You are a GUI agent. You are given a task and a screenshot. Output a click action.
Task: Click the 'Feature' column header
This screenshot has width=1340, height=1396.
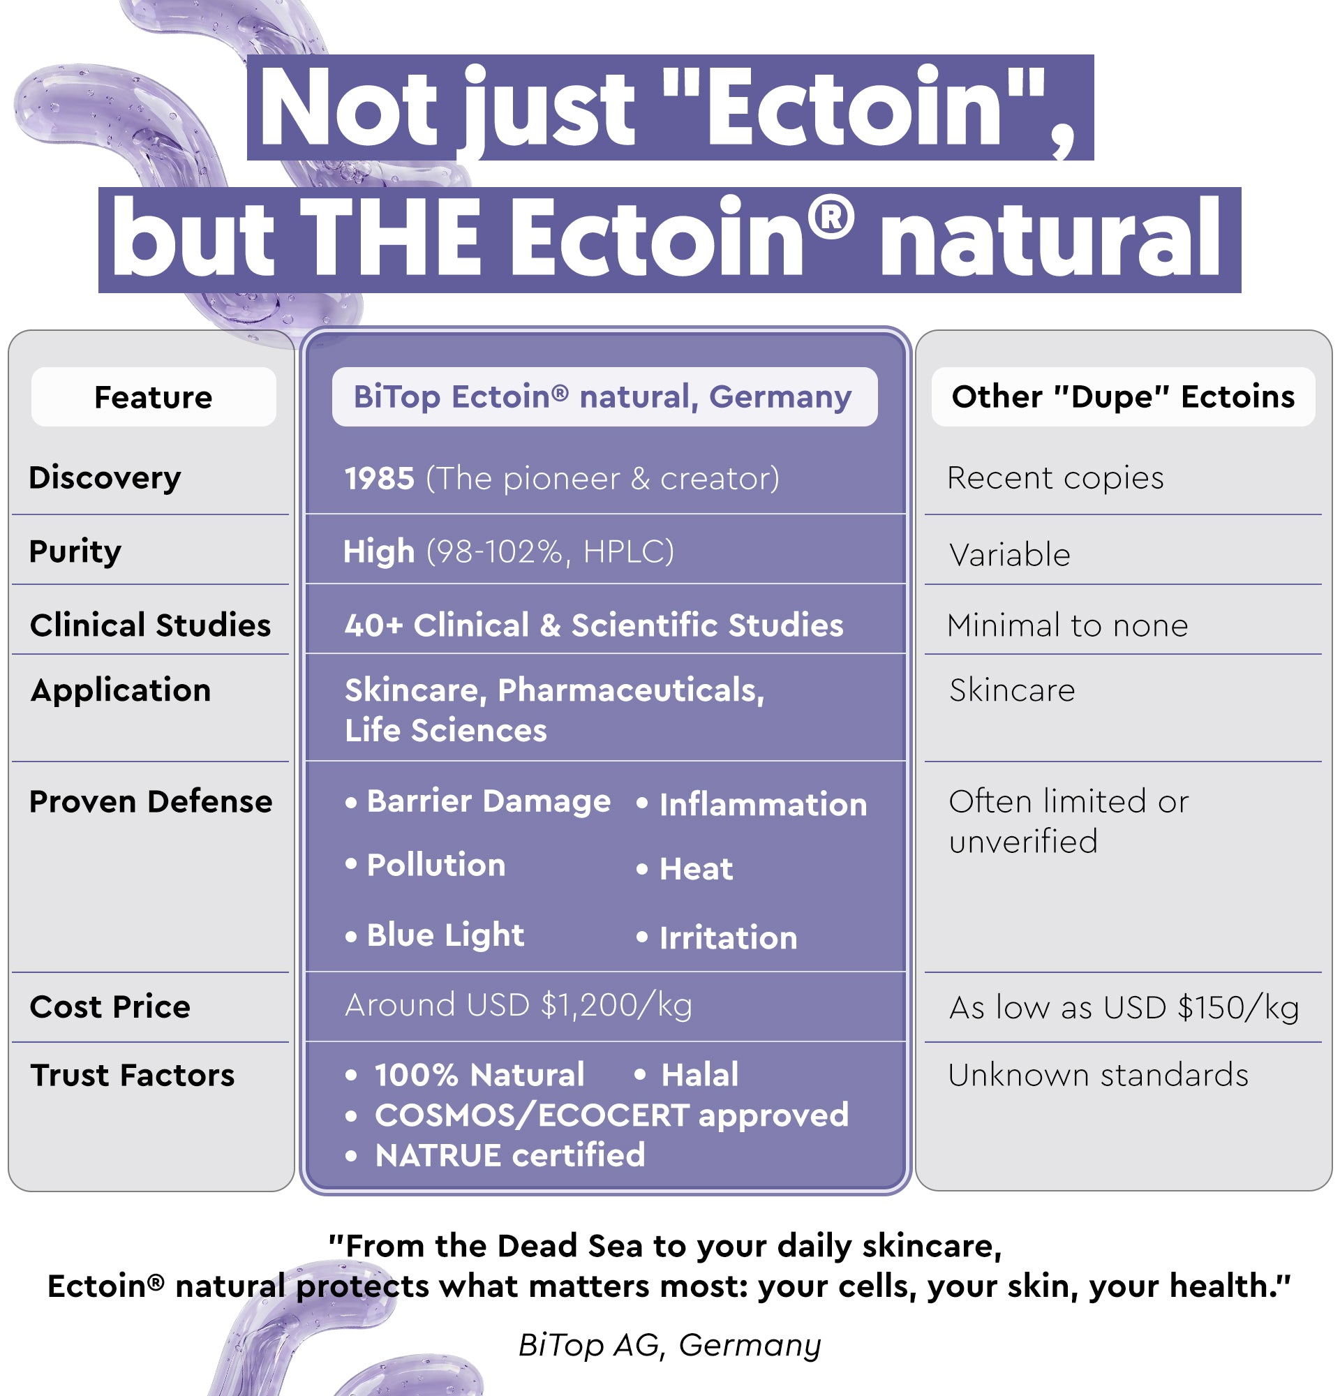click(x=153, y=396)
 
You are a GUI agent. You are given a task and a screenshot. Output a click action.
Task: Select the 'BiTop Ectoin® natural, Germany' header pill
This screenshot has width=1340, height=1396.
click(x=604, y=396)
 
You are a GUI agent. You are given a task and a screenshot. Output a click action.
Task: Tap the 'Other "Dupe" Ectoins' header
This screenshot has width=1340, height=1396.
click(x=1123, y=396)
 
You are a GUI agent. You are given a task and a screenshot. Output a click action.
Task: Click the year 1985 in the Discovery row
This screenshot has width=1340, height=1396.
click(x=380, y=479)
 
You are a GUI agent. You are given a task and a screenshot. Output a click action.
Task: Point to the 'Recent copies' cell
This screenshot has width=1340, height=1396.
click(x=1055, y=478)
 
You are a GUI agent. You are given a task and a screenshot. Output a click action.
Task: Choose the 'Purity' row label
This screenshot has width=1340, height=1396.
click(x=75, y=551)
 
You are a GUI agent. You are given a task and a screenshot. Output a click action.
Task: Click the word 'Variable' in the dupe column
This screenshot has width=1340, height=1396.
click(x=1010, y=555)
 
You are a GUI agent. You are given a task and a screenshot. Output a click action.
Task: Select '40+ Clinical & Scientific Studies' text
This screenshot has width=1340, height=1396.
click(x=594, y=625)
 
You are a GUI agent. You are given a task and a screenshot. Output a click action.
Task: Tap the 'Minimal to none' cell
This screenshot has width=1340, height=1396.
click(x=1067, y=625)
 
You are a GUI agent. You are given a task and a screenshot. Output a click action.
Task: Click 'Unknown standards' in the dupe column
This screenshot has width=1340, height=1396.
click(x=1098, y=1075)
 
